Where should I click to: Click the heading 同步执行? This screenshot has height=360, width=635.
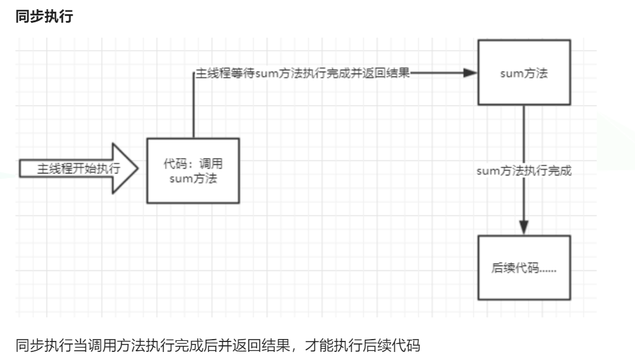point(44,17)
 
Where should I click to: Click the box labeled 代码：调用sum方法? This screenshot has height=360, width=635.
point(192,171)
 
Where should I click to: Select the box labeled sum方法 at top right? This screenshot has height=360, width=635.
point(524,72)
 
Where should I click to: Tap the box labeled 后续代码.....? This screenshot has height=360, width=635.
point(524,269)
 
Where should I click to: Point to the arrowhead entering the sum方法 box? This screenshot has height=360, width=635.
point(471,72)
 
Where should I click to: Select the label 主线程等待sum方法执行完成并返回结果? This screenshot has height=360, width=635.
point(303,73)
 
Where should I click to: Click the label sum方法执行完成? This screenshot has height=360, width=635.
point(524,171)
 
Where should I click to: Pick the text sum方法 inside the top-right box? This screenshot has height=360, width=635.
point(524,73)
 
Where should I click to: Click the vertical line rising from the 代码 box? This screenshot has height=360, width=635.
point(193,105)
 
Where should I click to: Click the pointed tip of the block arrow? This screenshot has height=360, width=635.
point(138,169)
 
